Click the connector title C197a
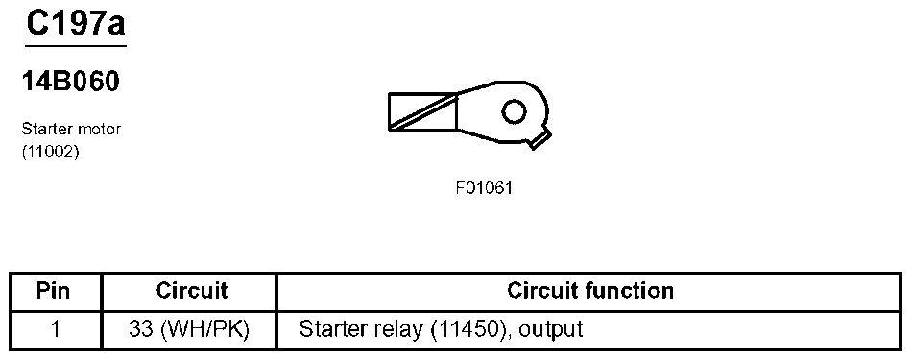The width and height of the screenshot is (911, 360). point(75,23)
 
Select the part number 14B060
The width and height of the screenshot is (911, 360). point(70,83)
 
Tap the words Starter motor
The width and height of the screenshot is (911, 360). point(71,128)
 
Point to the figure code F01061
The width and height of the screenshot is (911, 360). point(484,188)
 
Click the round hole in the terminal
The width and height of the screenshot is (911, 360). point(514,112)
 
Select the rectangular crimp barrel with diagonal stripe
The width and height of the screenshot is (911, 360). point(422,111)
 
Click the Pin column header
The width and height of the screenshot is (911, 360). point(55,290)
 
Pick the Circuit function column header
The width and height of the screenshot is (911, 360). point(589,290)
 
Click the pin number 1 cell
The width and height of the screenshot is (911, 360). point(55,329)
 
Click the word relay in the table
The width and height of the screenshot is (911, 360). point(384,329)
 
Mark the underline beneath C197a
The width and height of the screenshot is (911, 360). point(75,45)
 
